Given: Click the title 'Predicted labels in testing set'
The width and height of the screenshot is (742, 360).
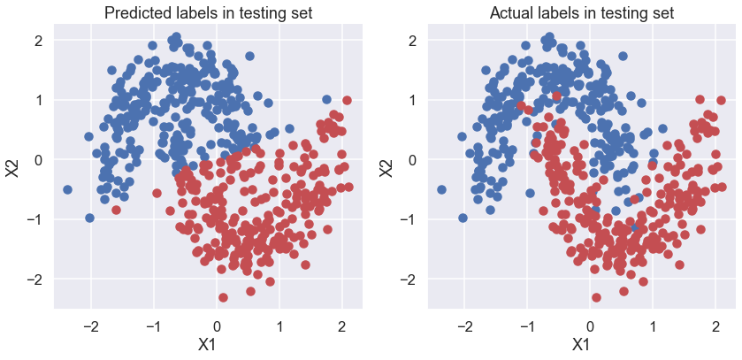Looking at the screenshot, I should point(208,13).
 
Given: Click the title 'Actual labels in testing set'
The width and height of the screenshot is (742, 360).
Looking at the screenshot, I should point(582,13).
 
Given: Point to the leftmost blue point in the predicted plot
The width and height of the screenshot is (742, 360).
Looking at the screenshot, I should point(68,189).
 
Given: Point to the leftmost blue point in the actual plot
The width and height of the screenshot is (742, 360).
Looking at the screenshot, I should point(442,189).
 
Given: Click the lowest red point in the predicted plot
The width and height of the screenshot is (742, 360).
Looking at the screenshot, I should point(223,297).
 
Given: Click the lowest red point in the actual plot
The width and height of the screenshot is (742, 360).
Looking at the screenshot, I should point(597,297).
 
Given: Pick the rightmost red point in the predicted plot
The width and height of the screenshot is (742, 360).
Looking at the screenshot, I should point(347,101).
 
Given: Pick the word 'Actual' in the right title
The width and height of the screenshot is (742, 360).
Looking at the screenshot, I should point(517,13).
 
